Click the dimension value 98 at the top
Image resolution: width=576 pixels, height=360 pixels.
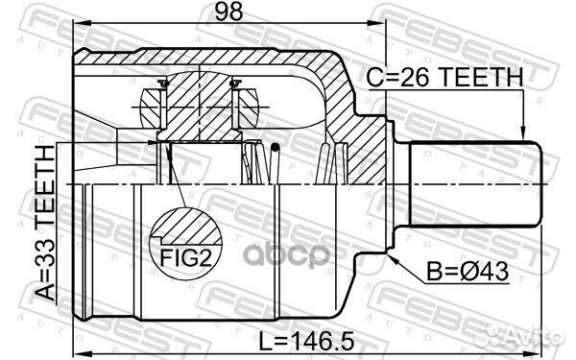(x=228, y=11)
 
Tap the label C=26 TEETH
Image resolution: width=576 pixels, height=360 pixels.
(x=444, y=77)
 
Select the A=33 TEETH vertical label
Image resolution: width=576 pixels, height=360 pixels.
(x=45, y=224)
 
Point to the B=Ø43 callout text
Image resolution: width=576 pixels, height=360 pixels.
(x=468, y=272)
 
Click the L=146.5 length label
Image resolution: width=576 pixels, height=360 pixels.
(x=307, y=341)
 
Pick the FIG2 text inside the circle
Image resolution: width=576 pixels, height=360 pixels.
(x=186, y=258)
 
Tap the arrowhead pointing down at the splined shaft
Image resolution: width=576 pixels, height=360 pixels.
(x=523, y=133)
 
